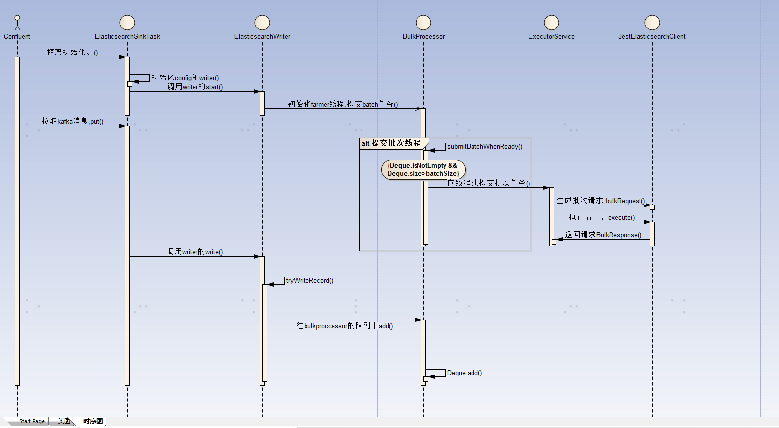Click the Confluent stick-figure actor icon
[x=17, y=23]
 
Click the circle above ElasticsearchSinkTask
[x=127, y=23]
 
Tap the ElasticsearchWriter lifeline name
[x=262, y=37]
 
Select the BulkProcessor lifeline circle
[x=423, y=23]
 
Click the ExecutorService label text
[x=551, y=37]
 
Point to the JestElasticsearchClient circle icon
[x=652, y=23]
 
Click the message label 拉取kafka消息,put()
[x=72, y=121]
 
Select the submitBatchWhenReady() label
[x=484, y=147]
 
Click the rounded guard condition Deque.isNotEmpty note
[x=423, y=170]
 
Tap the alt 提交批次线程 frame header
[x=391, y=143]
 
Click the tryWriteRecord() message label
[x=309, y=281]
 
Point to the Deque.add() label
[x=464, y=373]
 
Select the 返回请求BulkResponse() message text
[x=603, y=235]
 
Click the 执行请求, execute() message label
[x=602, y=217]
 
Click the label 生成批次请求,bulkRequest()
[x=601, y=201]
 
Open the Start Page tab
[x=31, y=421]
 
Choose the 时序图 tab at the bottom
[x=93, y=421]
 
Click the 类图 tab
[x=64, y=421]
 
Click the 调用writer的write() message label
[x=195, y=252]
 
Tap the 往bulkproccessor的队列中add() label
[x=344, y=326]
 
